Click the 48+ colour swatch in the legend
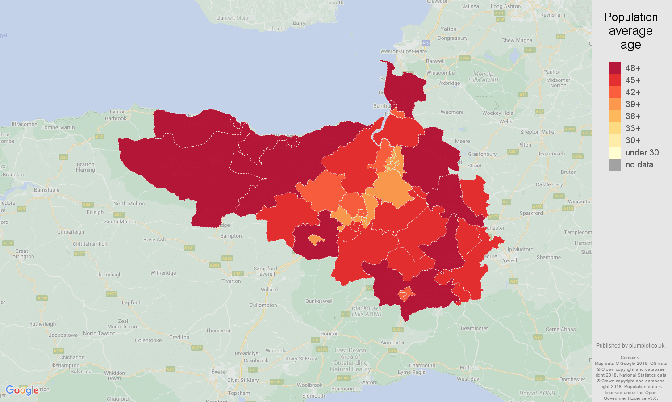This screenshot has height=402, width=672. click(615, 68)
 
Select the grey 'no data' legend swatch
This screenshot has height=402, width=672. click(615, 165)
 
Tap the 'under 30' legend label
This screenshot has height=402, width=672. click(642, 153)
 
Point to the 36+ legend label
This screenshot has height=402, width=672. click(633, 117)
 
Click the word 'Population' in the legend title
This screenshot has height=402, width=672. click(630, 17)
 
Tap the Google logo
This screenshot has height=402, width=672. click(22, 390)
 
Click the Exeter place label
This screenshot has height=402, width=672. click(219, 372)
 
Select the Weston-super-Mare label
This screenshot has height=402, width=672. click(403, 51)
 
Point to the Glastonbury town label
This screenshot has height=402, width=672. click(482, 154)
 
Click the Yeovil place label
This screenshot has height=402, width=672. click(510, 260)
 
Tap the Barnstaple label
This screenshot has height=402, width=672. click(47, 190)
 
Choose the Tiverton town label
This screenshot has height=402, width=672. click(231, 281)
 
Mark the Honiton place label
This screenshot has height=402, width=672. click(330, 334)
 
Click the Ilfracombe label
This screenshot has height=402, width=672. click(25, 124)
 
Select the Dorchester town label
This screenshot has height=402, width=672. click(572, 379)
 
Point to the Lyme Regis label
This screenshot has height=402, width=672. click(412, 372)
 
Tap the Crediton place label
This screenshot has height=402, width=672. click(179, 337)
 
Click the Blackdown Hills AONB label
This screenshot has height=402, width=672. click(367, 311)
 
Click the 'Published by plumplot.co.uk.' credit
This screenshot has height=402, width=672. click(630, 346)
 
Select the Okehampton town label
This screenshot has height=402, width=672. click(64, 365)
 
